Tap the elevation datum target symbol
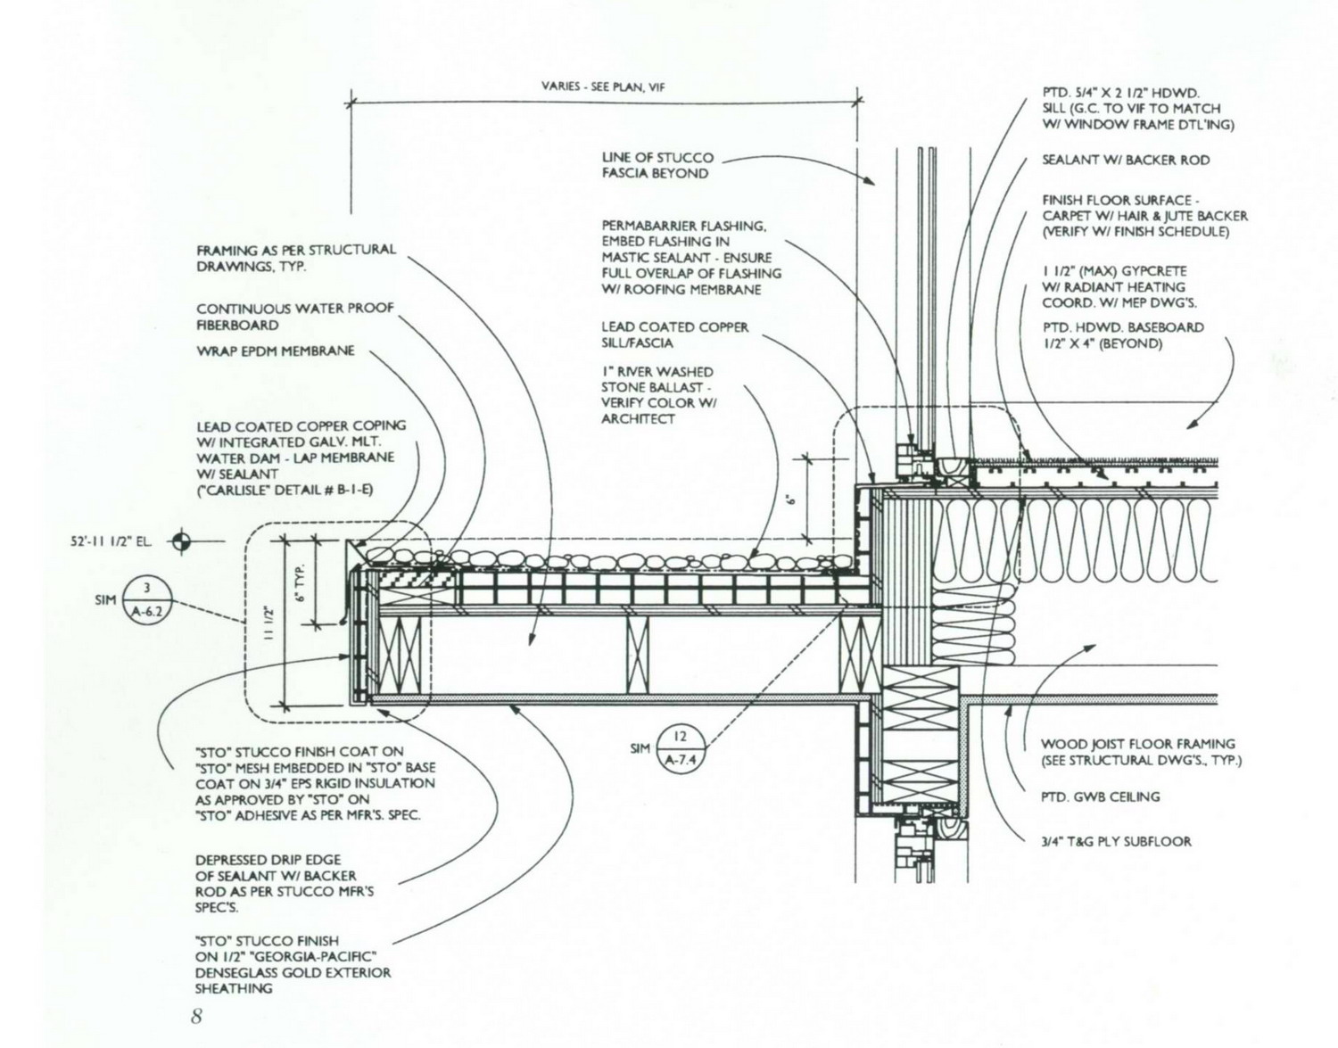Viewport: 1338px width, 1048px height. click(181, 541)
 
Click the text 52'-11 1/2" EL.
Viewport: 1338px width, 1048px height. click(111, 542)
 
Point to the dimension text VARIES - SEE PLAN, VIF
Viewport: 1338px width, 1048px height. click(603, 87)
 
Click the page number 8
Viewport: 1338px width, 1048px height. click(196, 1016)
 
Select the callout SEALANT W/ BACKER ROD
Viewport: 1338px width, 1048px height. click(1126, 161)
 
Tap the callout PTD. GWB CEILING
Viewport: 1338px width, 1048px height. click(1101, 796)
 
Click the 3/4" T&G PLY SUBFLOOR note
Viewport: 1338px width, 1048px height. click(1116, 841)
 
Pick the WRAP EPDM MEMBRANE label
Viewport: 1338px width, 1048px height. click(276, 351)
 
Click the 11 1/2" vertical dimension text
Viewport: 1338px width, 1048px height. click(269, 624)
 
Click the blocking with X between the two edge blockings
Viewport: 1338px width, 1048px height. click(637, 656)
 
